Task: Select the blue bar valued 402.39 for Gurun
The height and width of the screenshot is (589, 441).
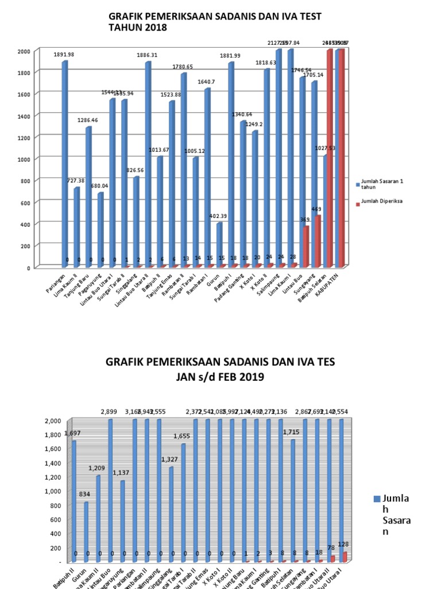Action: click(x=219, y=245)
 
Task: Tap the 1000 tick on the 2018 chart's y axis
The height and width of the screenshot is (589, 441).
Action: click(x=23, y=159)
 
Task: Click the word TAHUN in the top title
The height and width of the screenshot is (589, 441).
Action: click(x=126, y=27)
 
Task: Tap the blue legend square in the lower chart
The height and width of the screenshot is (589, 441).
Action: click(x=377, y=499)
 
